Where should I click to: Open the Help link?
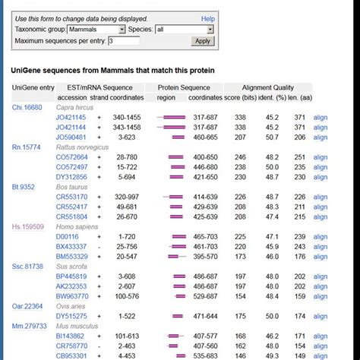point(208,18)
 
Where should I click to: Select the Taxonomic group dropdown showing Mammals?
point(96,30)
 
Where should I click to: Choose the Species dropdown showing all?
point(185,30)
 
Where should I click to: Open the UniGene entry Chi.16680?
point(27,107)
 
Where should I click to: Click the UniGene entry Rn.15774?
point(27,147)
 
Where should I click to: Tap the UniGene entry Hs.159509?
point(28,226)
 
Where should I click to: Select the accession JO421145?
point(71,118)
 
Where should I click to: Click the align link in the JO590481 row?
point(321,137)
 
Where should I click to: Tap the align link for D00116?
point(321,237)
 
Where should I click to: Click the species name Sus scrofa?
point(74,267)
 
